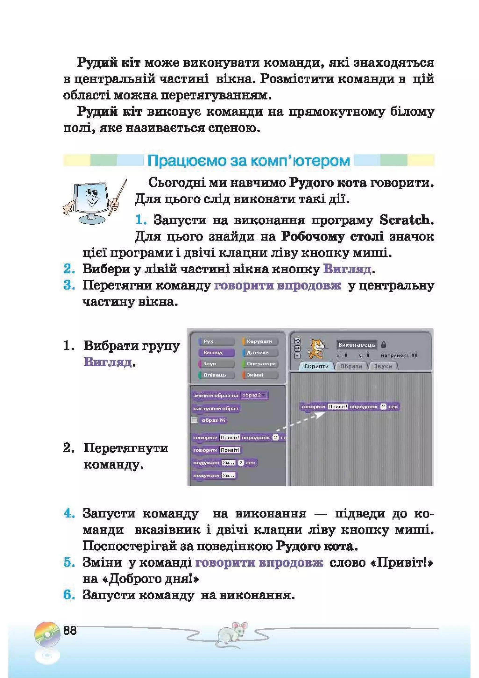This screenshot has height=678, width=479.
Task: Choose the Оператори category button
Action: pos(260,364)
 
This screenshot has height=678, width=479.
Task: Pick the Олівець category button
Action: pos(216,375)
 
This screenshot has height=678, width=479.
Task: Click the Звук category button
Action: pos(216,364)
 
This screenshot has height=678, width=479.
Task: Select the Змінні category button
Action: pos(260,375)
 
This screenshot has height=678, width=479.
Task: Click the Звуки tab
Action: pos(383,366)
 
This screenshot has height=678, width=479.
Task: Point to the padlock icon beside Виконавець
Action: pos(384,344)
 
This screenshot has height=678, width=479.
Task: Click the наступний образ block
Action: pos(215,409)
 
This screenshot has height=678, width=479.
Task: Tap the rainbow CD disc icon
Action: pos(47,634)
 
